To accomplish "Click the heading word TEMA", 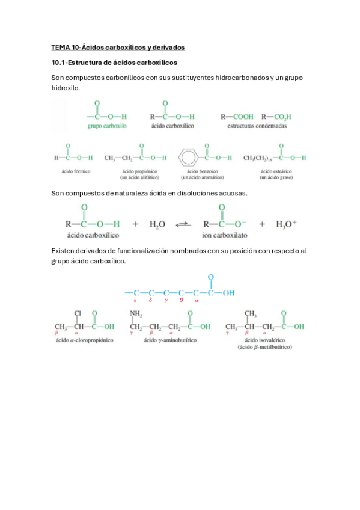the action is click(x=61, y=47).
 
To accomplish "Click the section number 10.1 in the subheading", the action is click(x=59, y=63).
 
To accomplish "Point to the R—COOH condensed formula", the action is click(x=237, y=116).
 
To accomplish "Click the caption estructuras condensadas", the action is click(x=257, y=126).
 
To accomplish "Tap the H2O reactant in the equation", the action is click(x=157, y=224).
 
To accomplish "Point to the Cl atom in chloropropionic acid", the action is click(x=78, y=313).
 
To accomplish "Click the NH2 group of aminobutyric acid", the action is click(x=137, y=313).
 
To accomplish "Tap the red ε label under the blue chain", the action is click(x=136, y=302).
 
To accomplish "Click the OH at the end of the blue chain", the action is click(x=229, y=293).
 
